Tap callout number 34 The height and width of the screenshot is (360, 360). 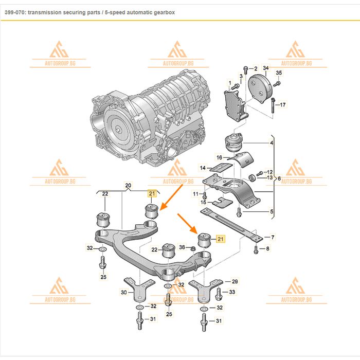point(265,68)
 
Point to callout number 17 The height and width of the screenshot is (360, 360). point(282,105)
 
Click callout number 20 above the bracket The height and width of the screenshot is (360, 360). point(129,185)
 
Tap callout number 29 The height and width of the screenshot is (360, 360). point(235,281)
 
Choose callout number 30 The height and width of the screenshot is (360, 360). point(123,292)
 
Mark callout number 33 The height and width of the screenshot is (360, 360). point(232,292)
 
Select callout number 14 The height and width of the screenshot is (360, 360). point(203,168)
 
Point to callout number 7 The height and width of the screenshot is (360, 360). point(273,237)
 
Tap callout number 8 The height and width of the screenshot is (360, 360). point(267,249)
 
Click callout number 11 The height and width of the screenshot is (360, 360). point(195,194)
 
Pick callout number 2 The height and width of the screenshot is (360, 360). point(256,68)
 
